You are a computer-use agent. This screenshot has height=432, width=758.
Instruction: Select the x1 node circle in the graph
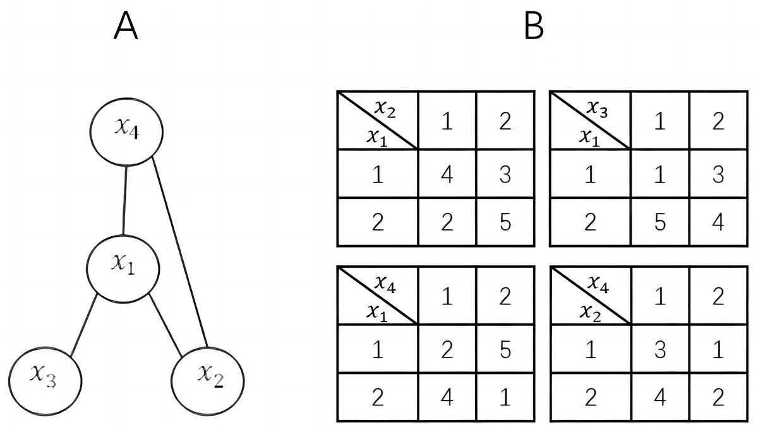[123, 267]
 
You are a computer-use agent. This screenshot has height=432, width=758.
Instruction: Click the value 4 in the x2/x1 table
[447, 174]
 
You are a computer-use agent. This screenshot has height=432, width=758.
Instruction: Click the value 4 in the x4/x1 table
[447, 398]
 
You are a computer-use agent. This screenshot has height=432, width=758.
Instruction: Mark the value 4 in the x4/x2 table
[660, 398]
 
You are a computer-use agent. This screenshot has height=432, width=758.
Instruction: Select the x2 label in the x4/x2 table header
[589, 311]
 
